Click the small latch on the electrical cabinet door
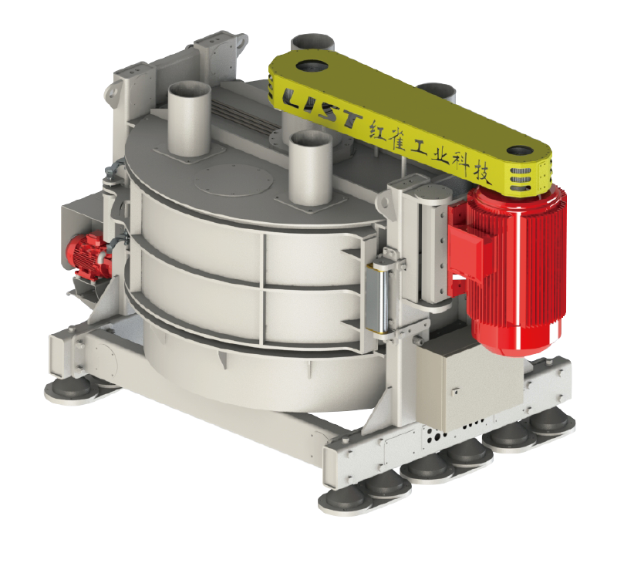[456, 391]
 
